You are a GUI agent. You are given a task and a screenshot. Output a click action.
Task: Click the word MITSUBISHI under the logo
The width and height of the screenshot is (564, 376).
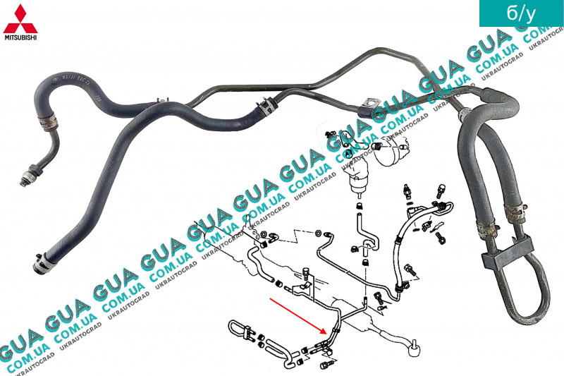pyautogui.click(x=21, y=36)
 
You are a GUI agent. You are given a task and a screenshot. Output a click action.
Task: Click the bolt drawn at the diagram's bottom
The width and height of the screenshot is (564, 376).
pyautogui.click(x=327, y=365)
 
